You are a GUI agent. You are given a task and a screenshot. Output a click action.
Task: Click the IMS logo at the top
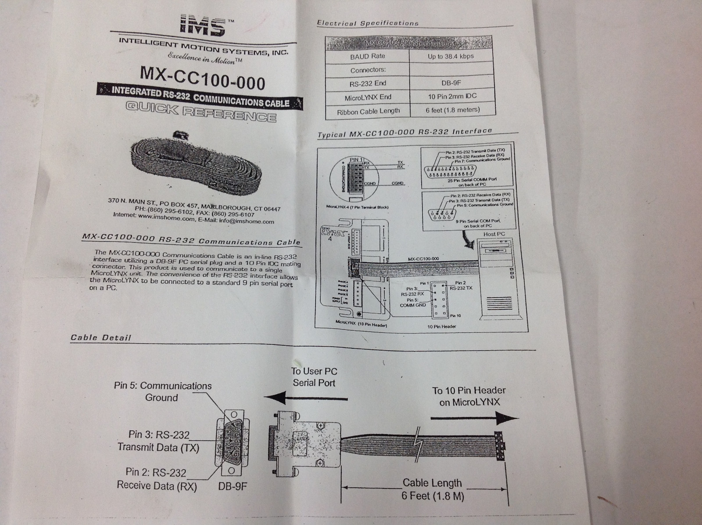coord(203,26)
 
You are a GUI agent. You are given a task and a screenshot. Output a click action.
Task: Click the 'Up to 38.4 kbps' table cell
coord(451,57)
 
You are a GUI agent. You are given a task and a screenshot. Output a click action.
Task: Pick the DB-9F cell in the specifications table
coord(451,83)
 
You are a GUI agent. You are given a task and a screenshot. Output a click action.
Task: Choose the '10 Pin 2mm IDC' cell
coord(452,96)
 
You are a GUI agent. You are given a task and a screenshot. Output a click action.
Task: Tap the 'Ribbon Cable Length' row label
coord(368,112)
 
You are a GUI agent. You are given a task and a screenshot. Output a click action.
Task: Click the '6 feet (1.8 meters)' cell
coord(452,110)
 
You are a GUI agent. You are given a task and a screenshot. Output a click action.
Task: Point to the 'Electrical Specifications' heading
coord(368,23)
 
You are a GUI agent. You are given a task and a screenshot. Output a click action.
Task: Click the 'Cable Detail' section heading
coord(101,337)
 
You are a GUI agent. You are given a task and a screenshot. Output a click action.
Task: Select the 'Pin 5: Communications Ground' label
coord(162,391)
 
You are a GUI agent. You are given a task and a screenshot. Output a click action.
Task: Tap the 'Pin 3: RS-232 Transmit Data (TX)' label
coord(158,441)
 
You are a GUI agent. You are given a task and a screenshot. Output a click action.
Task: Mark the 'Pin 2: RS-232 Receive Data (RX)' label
coord(157,479)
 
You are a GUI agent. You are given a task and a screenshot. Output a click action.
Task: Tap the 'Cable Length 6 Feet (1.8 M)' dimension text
coord(432,489)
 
